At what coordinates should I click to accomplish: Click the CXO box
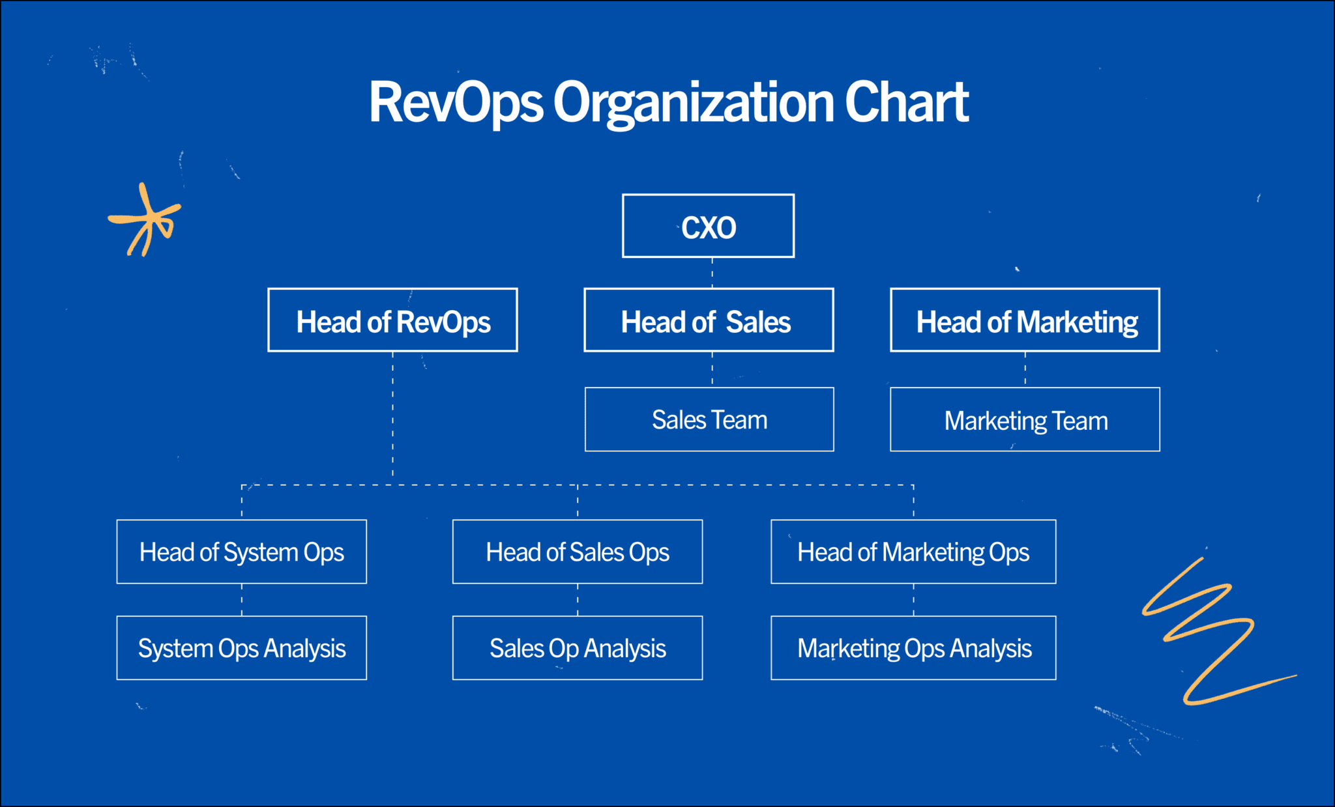point(708,226)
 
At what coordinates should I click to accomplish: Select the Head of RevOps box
point(392,320)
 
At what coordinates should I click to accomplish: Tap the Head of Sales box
point(709,320)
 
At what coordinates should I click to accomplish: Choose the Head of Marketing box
point(1025,320)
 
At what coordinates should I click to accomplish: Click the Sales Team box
point(709,419)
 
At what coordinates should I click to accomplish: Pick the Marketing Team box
point(1025,419)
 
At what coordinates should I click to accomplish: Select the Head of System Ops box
point(241,552)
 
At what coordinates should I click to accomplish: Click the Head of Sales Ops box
point(578,552)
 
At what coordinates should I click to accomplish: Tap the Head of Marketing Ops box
point(913,552)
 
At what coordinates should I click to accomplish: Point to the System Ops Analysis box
point(241,648)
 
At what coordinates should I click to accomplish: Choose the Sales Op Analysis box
point(578,648)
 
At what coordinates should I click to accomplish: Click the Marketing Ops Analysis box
point(913,648)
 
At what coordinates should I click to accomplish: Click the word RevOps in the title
point(456,103)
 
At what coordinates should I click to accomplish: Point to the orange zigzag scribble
point(1206,632)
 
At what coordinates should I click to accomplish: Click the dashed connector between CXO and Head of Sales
point(712,273)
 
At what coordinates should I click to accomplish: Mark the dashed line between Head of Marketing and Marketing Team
point(1025,369)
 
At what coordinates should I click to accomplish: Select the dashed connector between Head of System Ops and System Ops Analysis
point(242,600)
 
